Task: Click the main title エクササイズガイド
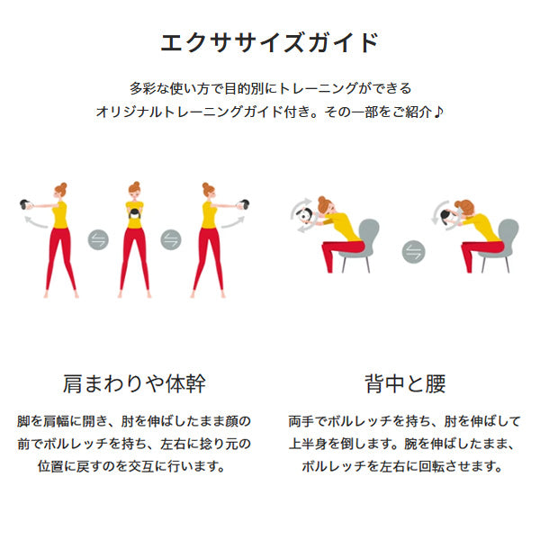[270, 42]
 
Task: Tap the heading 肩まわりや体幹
[134, 383]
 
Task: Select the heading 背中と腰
[405, 383]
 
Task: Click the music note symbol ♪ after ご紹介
[438, 112]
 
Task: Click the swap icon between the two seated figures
[414, 251]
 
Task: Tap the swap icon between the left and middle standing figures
[98, 239]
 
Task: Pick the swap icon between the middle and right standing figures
[171, 239]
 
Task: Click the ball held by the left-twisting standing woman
[25, 204]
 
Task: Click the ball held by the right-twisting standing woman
[245, 204]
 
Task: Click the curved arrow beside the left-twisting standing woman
[35, 223]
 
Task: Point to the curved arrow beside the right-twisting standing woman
[233, 223]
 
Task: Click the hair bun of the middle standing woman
[137, 184]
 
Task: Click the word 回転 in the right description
[431, 466]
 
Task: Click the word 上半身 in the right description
[308, 444]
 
